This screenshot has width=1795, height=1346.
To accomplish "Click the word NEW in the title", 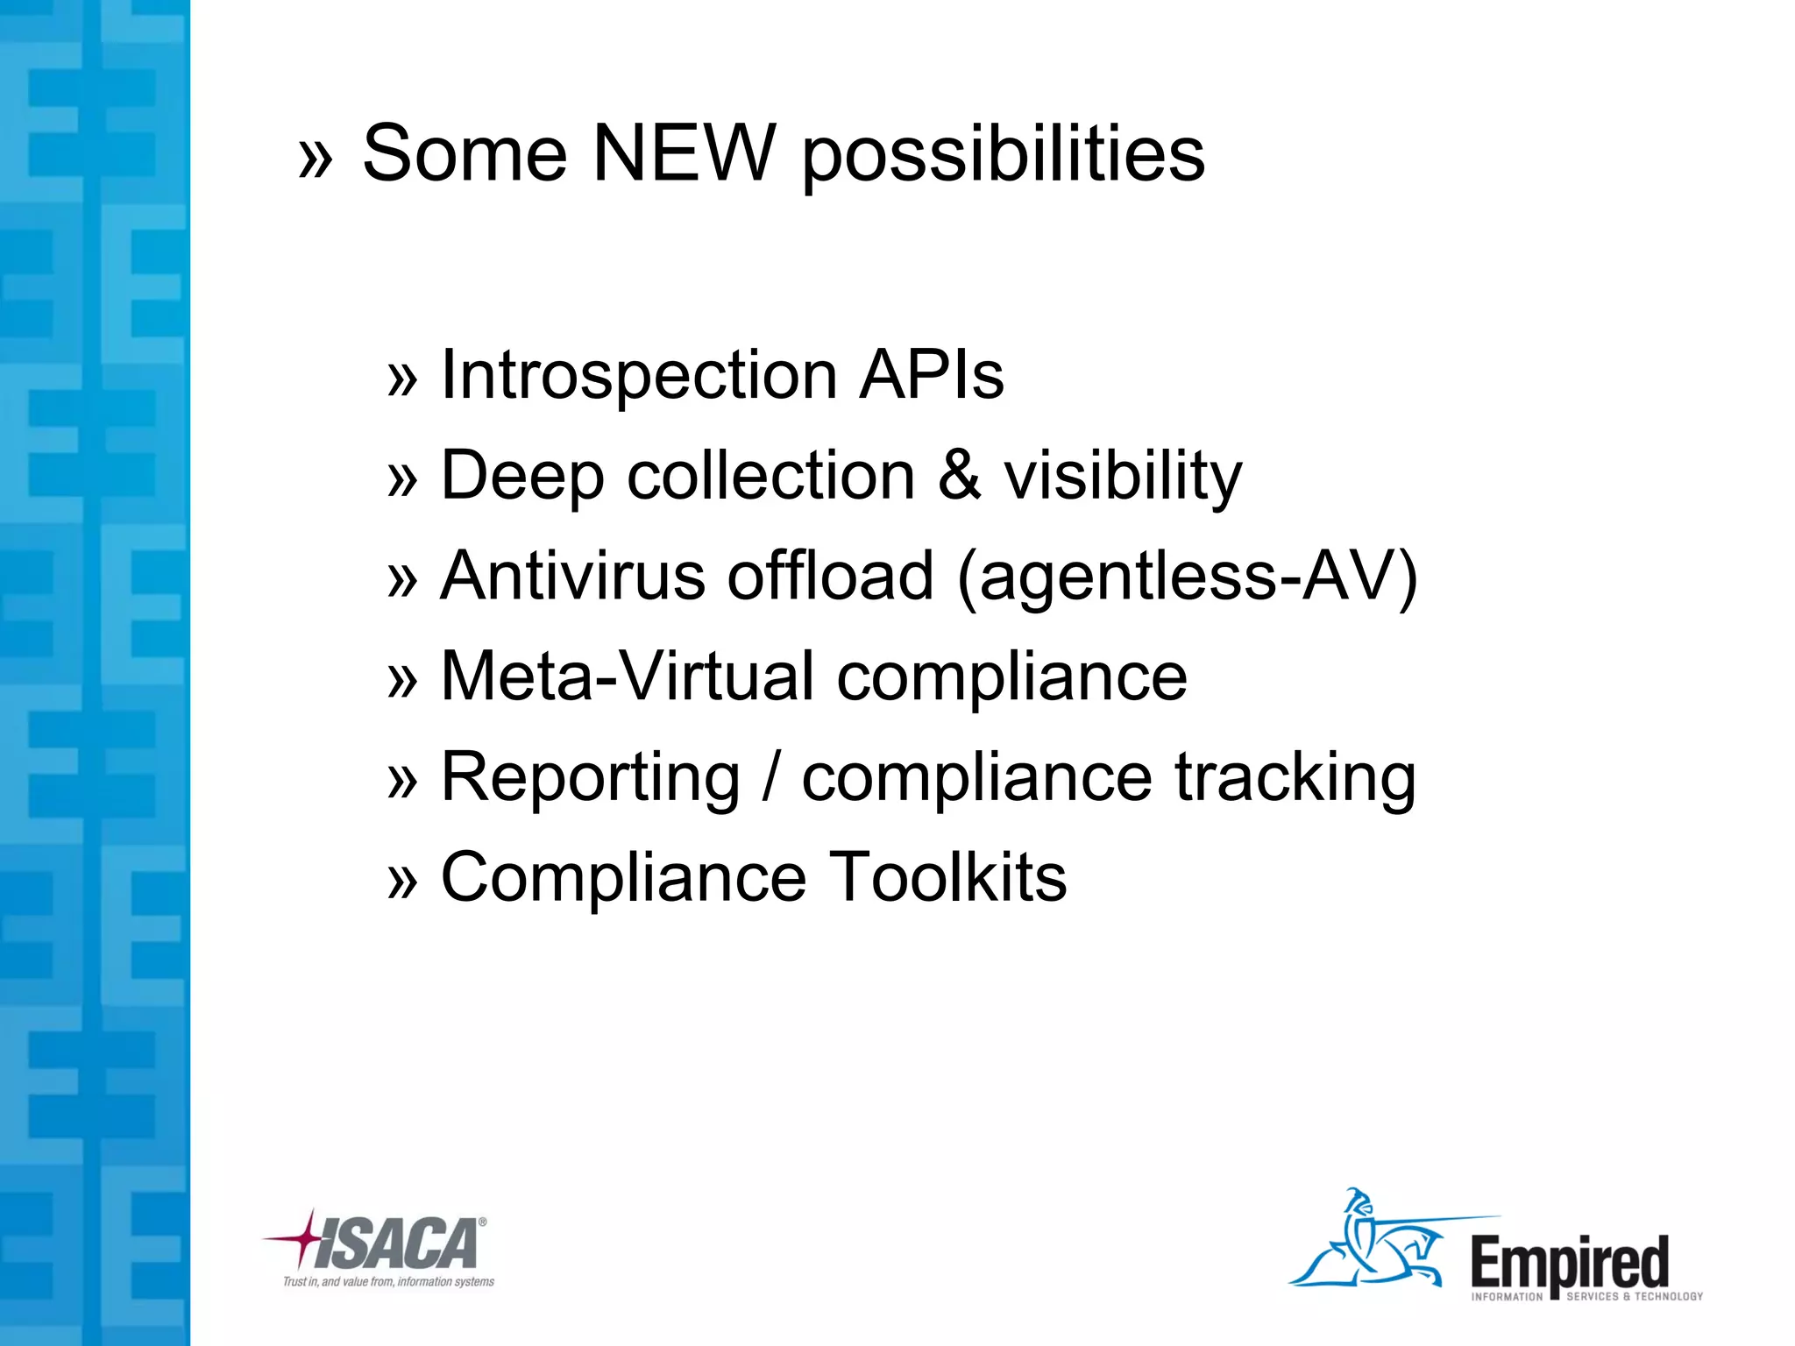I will coord(685,153).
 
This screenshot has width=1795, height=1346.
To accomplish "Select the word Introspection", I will coord(638,375).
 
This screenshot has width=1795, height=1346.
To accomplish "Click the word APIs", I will coord(932,375).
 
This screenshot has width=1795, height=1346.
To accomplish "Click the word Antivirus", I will coord(572,576).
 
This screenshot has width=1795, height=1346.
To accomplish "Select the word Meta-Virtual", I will coord(628,677).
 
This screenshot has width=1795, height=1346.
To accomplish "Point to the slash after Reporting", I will coord(770,777).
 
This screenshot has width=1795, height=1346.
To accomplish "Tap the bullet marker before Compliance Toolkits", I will coord(402,881).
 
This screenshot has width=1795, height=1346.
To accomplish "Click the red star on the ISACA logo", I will coord(306,1236).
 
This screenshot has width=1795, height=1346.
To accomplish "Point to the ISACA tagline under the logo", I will coord(388,1282).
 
